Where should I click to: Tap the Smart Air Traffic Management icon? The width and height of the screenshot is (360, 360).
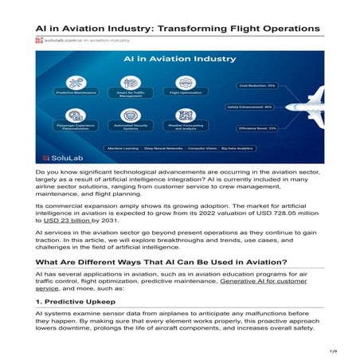point(131,82)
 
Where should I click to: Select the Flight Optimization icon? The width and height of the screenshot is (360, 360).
point(181,82)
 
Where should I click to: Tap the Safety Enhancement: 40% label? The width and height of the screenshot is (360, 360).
point(251,106)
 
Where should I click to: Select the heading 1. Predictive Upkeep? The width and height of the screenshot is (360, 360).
point(72,303)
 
